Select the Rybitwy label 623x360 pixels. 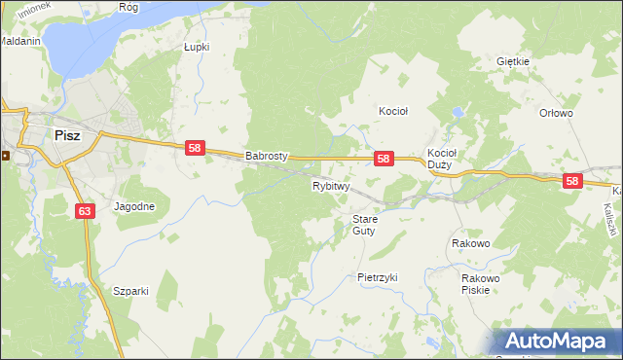(x=330, y=185)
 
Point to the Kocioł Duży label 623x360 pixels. (x=442, y=159)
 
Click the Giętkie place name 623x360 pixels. (x=512, y=61)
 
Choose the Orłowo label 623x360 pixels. (x=556, y=113)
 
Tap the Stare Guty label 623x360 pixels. (x=364, y=225)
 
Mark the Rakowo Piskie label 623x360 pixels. (x=481, y=283)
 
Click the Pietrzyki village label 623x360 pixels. (x=378, y=277)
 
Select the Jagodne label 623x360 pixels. (x=134, y=206)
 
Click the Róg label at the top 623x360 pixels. (x=128, y=6)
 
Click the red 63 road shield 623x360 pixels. (x=84, y=210)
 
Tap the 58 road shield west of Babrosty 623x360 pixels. (x=195, y=148)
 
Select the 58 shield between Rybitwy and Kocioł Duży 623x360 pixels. (x=384, y=159)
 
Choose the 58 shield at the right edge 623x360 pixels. (x=571, y=181)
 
